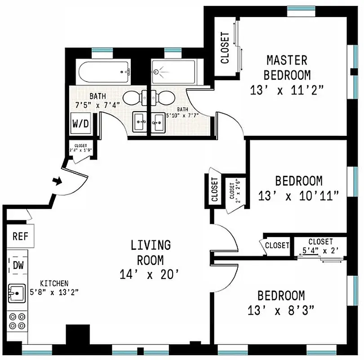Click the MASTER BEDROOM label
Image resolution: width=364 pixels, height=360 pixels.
click(x=287, y=67)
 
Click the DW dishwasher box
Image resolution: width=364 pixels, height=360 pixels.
click(x=18, y=265)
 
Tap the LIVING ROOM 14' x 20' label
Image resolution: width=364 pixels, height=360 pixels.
click(x=151, y=259)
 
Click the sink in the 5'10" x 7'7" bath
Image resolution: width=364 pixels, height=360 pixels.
click(x=158, y=121)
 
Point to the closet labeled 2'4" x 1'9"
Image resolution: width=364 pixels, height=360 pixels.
click(x=80, y=148)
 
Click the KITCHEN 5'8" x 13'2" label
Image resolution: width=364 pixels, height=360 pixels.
click(x=54, y=288)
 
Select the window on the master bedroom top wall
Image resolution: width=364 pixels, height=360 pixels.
click(x=301, y=9)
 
